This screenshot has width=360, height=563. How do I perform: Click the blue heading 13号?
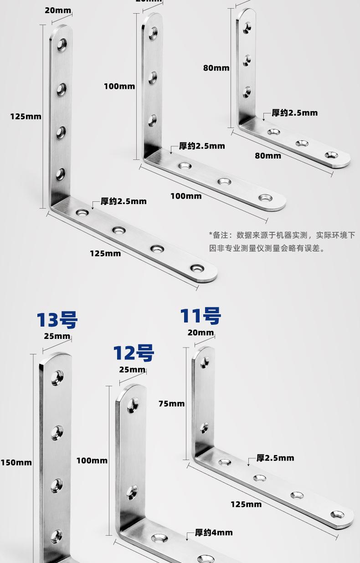(57, 320)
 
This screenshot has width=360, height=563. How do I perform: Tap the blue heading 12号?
(134, 353)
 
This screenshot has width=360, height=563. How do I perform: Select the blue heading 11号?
(201, 316)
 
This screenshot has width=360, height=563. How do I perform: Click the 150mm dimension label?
(16, 462)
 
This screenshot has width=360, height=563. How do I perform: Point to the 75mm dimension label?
(171, 404)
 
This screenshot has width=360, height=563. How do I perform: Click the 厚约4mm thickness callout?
(214, 532)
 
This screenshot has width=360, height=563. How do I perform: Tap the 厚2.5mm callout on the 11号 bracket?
(275, 458)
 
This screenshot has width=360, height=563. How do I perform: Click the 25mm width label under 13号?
(57, 336)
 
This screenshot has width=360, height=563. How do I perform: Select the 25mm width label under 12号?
(132, 369)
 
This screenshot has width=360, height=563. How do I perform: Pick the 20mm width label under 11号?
(201, 333)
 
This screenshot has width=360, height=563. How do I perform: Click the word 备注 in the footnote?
(221, 235)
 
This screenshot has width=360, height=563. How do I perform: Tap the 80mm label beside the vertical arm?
(216, 68)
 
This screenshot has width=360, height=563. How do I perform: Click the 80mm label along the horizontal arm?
(268, 155)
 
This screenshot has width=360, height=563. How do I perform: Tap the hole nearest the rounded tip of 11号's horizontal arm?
(338, 515)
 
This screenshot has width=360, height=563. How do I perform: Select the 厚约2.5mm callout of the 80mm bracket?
(294, 113)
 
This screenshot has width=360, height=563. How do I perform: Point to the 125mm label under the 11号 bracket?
(246, 504)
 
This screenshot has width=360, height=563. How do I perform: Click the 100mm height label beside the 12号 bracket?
(92, 461)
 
